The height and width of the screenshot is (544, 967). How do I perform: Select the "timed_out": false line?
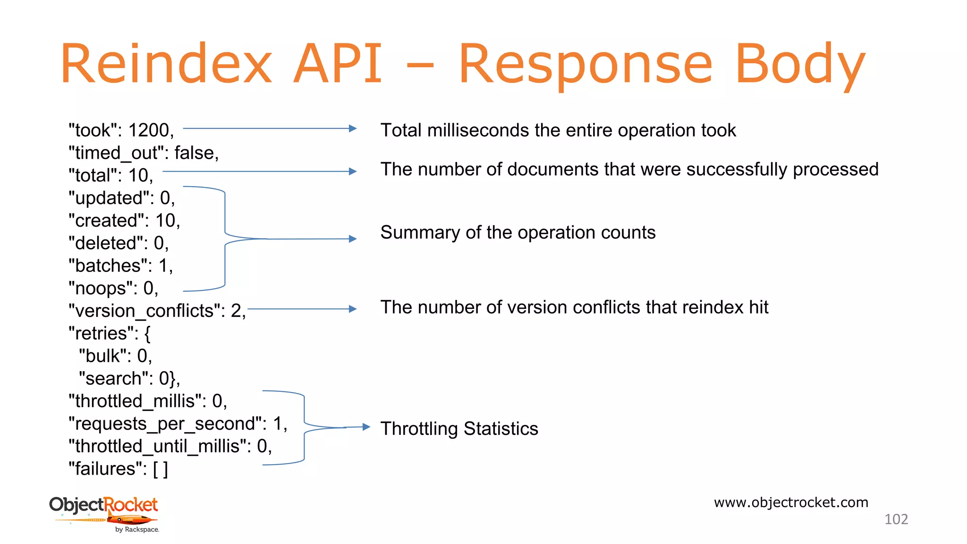click(x=144, y=153)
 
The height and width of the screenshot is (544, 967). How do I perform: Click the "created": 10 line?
click(x=124, y=221)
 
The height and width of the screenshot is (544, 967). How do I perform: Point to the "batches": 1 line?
click(x=120, y=266)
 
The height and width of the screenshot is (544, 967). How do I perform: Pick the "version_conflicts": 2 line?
click(x=157, y=311)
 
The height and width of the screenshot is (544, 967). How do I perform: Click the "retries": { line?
click(x=110, y=333)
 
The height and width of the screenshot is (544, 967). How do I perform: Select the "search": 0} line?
click(x=129, y=379)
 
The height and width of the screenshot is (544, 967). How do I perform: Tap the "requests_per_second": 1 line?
click(x=178, y=424)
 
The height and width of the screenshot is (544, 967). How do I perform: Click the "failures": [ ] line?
click(x=118, y=469)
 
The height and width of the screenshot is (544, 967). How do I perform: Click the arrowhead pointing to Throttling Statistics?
click(x=366, y=427)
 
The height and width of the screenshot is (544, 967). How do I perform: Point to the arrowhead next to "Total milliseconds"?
click(x=352, y=128)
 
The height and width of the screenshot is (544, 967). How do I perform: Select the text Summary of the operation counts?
click(x=517, y=233)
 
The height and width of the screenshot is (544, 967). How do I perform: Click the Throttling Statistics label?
click(x=459, y=429)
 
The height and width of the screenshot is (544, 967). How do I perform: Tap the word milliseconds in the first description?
click(x=477, y=130)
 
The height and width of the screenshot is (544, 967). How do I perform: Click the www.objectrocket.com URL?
click(x=791, y=502)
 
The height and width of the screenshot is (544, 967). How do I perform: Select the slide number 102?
click(x=896, y=519)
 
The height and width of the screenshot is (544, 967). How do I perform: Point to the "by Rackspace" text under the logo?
click(x=137, y=530)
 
